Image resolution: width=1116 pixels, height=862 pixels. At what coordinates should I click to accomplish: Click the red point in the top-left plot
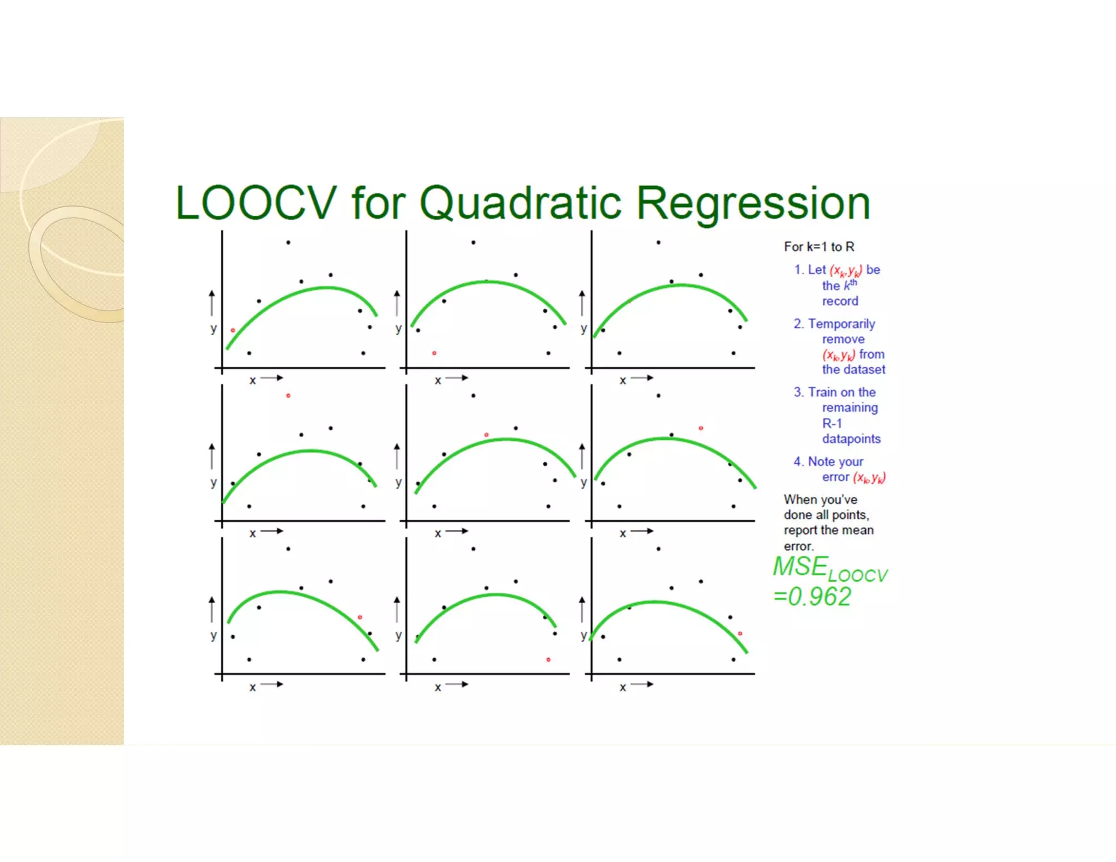[x=233, y=330]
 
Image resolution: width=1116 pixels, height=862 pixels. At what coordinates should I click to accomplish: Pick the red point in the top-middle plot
[x=434, y=353]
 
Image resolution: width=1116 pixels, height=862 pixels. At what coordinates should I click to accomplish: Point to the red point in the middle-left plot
[x=288, y=396]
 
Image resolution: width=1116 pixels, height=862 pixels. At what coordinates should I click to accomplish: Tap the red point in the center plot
[x=487, y=435]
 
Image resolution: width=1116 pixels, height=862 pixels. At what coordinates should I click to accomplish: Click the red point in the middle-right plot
[x=701, y=428]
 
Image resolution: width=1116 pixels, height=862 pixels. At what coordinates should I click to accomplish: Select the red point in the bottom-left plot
[x=360, y=617]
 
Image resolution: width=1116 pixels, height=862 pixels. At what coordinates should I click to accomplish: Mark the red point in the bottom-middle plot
[x=548, y=660]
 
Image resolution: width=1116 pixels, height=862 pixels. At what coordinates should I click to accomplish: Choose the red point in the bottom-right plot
[x=740, y=634]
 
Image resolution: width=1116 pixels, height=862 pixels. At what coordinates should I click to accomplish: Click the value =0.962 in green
[x=812, y=597]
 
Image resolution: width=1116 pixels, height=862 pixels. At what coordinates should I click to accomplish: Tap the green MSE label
[x=800, y=567]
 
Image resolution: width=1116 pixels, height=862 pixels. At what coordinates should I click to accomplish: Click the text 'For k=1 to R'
[x=819, y=247]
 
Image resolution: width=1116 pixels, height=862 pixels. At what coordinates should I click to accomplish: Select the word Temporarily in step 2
[x=841, y=324]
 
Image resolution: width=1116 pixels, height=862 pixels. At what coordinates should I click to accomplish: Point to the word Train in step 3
[x=822, y=392]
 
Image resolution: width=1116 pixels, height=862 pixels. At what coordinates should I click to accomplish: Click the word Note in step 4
[x=821, y=462]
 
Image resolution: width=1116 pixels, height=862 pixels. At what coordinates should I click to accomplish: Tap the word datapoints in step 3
[x=851, y=439]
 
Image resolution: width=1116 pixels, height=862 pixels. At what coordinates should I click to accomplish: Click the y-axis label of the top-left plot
[x=214, y=329]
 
